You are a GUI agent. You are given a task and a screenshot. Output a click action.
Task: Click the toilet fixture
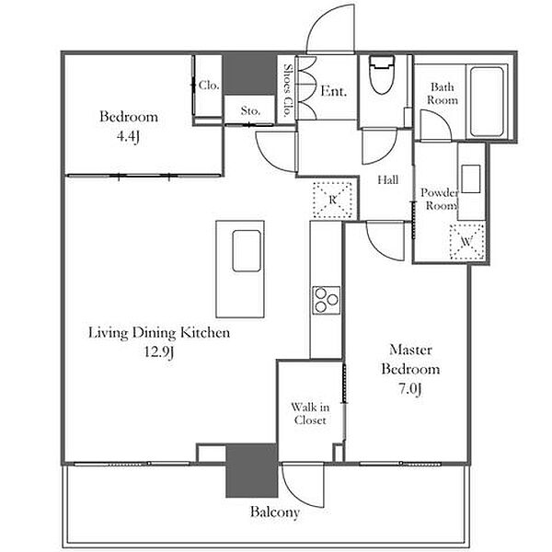point(381,75)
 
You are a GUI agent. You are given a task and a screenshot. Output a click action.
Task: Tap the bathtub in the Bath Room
point(487,102)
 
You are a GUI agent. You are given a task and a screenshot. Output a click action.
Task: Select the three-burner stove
point(327,300)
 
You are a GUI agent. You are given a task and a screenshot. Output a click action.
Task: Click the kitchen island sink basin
point(247,250)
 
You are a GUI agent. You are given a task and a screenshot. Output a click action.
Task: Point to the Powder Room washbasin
point(471,178)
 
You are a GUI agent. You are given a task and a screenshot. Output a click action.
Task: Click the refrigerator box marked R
point(333,200)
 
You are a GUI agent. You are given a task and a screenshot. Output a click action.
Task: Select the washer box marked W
point(467,242)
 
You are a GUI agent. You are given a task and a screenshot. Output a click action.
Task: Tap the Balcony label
point(275,512)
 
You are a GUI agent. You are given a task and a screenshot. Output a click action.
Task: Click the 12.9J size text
point(159,351)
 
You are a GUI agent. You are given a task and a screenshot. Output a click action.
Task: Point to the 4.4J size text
point(128,136)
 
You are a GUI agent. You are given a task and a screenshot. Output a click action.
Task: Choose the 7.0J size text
point(410,388)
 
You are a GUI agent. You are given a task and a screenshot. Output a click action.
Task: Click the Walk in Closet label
point(310,414)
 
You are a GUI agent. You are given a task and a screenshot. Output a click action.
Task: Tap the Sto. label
point(250,111)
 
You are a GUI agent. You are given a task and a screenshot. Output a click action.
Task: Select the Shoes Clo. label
point(288,90)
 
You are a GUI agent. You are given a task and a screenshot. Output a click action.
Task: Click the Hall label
point(388,180)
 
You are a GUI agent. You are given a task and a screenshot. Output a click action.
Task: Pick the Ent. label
point(333,91)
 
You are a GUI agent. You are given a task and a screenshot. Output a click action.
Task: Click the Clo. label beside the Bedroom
point(209,85)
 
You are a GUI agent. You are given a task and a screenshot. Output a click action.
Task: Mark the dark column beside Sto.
point(250,74)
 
